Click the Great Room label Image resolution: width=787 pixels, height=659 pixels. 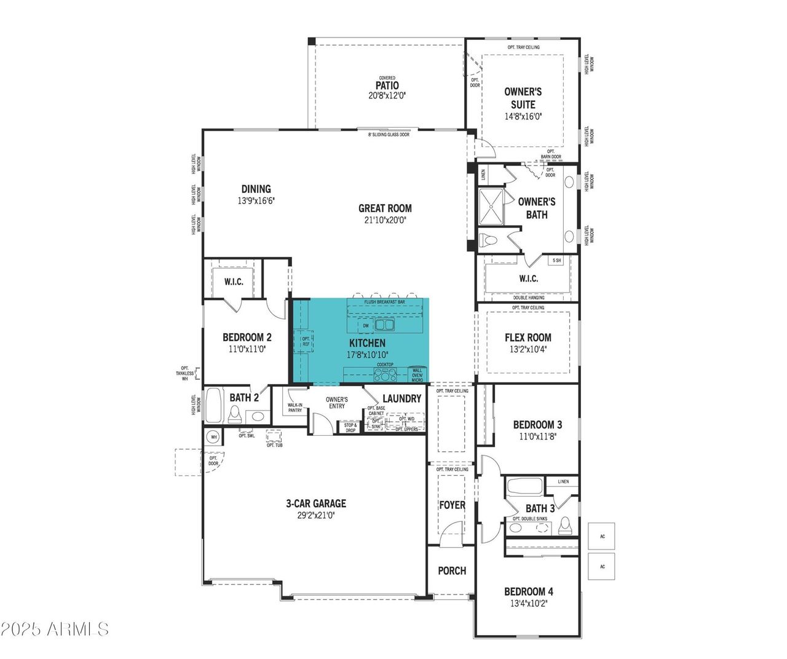tap(385, 208)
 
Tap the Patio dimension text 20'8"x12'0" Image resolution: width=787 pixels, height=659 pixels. tap(387, 96)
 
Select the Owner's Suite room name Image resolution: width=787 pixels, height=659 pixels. tap(523, 98)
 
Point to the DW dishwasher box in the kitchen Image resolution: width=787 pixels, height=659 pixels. tap(366, 326)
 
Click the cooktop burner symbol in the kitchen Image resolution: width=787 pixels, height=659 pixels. tap(386, 374)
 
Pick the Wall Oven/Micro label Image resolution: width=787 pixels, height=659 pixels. tap(417, 375)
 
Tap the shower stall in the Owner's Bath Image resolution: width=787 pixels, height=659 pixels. tap(491, 207)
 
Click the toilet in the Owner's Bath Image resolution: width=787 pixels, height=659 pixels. tap(489, 240)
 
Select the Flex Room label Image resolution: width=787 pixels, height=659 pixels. tap(528, 337)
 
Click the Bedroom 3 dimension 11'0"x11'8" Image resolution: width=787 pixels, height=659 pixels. tap(537, 436)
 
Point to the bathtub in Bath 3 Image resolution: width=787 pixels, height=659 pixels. tap(524, 486)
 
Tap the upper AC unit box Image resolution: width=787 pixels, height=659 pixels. tap(602, 537)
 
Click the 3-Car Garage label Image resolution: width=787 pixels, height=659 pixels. tap(316, 503)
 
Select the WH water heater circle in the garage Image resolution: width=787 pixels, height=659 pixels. tap(213, 437)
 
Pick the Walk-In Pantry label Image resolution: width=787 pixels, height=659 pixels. tap(295, 408)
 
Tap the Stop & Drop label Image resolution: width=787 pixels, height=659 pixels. tap(350, 427)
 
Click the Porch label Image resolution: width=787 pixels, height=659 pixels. tap(452, 571)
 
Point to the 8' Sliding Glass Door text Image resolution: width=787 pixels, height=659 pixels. tap(389, 135)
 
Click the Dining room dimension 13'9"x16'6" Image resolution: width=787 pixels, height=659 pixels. tap(256, 201)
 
